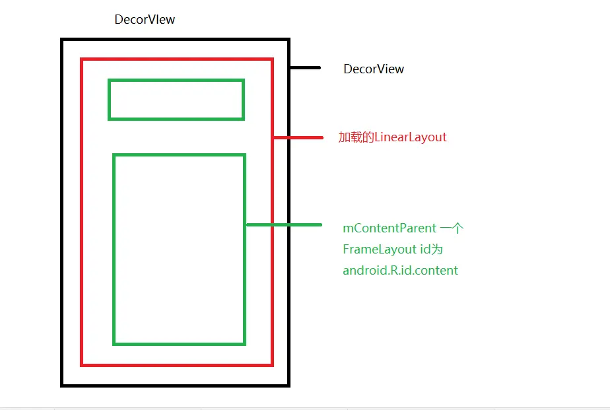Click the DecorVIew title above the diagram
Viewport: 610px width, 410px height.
[145, 19]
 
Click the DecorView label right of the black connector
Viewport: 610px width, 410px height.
[374, 69]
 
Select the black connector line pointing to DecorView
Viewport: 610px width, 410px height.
[305, 67]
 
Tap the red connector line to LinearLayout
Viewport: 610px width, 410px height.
[298, 137]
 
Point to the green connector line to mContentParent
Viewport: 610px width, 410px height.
[284, 224]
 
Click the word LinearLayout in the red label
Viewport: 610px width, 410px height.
[411, 137]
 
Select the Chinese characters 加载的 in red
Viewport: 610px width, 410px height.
[356, 137]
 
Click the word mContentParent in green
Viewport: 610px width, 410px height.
[390, 228]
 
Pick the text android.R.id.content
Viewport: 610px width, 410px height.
[400, 270]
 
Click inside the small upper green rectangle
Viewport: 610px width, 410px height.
[176, 100]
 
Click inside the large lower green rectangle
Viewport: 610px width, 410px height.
[179, 250]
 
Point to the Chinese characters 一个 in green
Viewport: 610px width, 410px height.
[452, 228]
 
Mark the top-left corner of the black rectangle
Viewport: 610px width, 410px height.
[62, 40]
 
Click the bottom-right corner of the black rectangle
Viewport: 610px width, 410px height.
[288, 385]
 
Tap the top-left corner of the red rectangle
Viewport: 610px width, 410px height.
[82, 59]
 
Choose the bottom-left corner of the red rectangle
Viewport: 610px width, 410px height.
[82, 364]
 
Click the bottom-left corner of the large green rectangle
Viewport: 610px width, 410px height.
[114, 343]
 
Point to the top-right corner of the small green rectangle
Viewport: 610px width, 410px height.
[243, 81]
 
